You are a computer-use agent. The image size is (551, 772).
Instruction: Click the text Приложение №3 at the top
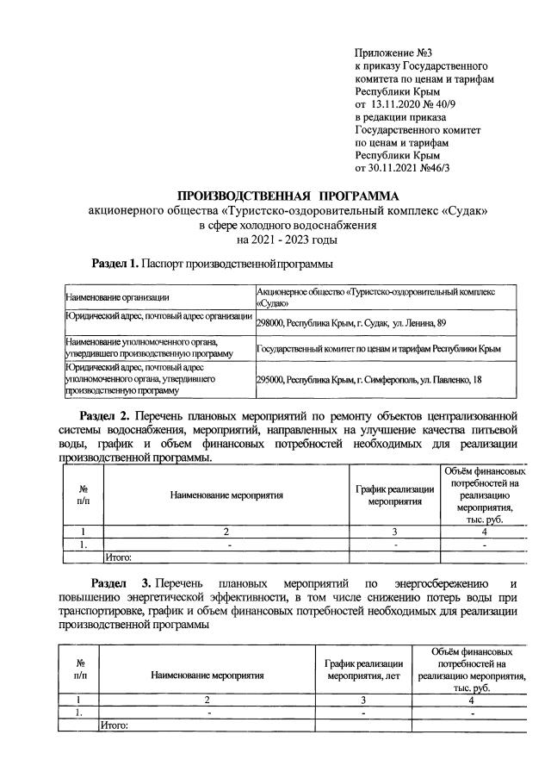pos(389,53)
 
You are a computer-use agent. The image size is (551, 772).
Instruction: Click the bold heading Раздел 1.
pos(115,262)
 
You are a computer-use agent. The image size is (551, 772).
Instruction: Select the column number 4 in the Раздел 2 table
pos(485,532)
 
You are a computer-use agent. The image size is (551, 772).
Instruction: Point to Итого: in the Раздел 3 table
pos(115,725)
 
